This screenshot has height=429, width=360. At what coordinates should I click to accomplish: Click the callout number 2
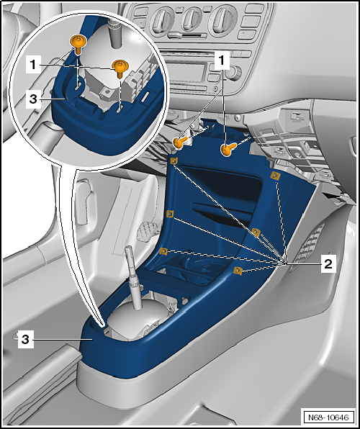point(328,264)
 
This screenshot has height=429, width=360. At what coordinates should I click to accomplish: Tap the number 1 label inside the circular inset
point(33,65)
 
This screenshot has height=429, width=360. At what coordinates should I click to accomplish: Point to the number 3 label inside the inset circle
point(33,99)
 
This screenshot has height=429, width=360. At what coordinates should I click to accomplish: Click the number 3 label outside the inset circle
point(25,340)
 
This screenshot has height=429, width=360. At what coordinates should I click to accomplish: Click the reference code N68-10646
point(328,417)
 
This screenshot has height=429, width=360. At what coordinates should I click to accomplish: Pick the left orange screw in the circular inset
point(78,43)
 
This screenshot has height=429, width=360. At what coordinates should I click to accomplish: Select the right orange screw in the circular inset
point(120,67)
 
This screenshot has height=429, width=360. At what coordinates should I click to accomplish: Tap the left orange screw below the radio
point(179,143)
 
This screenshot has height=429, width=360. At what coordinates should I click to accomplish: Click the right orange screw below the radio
point(228,149)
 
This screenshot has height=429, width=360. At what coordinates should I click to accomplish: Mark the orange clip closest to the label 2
point(238,271)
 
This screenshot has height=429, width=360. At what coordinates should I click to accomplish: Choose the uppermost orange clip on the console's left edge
point(174,161)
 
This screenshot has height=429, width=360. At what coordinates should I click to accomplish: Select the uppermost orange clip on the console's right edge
point(275,176)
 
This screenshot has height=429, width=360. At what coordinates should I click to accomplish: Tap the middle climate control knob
point(192,19)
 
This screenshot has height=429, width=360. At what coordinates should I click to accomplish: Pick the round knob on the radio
point(233,73)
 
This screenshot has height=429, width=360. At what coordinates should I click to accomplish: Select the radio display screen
point(186,72)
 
